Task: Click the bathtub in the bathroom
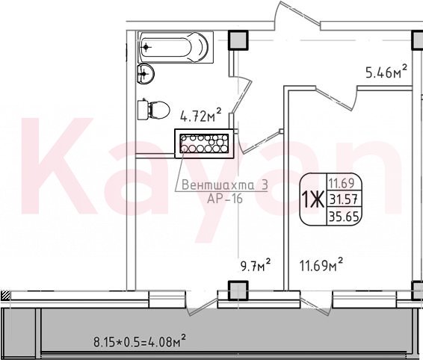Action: tap(176, 47)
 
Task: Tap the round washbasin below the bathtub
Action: tap(146, 73)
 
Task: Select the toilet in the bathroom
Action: tap(153, 110)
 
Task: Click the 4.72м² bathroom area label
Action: tap(201, 116)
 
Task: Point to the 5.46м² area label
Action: tap(386, 72)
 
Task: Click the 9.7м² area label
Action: tap(255, 266)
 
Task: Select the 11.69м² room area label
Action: tap(321, 264)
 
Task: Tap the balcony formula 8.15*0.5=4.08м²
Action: tap(140, 341)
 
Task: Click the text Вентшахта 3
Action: tap(225, 185)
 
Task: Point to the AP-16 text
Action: tap(225, 199)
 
